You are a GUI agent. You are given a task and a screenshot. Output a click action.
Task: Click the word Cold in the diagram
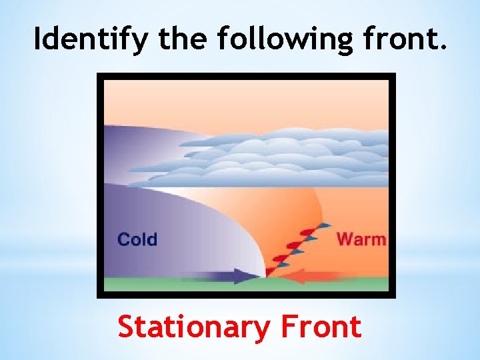pyautogui.click(x=137, y=239)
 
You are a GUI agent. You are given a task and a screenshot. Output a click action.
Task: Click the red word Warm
pyautogui.click(x=361, y=238)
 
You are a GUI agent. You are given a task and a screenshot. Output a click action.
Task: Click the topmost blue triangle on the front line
pyautogui.click(x=325, y=225)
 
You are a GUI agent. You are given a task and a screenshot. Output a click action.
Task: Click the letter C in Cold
pyautogui.click(x=123, y=239)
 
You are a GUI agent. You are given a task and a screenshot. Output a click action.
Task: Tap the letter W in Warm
pyautogui.click(x=345, y=238)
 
